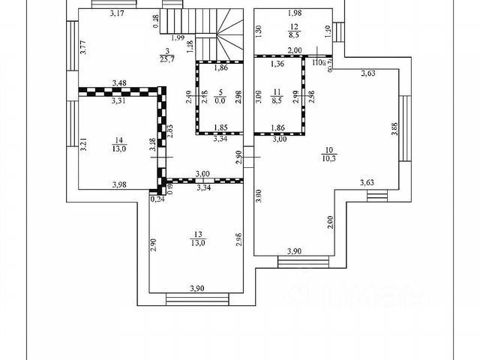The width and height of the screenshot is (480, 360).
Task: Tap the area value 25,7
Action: pyautogui.click(x=164, y=59)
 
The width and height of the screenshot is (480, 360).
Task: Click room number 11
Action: pyautogui.click(x=276, y=88)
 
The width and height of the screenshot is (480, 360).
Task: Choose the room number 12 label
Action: pyautogui.click(x=295, y=26)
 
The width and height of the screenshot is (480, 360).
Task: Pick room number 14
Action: pyautogui.click(x=118, y=139)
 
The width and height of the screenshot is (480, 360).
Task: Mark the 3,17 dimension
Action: pyautogui.click(x=115, y=13)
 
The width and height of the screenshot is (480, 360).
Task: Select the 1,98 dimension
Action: pyautogui.click(x=295, y=13)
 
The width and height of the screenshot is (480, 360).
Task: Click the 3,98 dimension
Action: pyautogui.click(x=118, y=185)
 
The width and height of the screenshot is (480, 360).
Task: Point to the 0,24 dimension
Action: pyautogui.click(x=157, y=199)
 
